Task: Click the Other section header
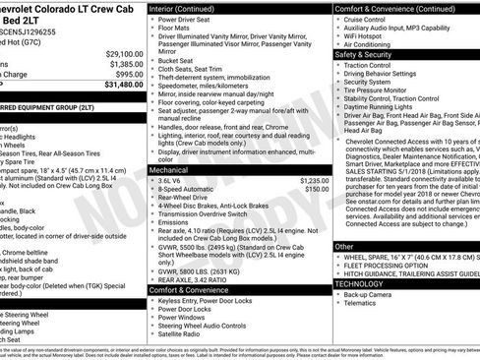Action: [x=344, y=247]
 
